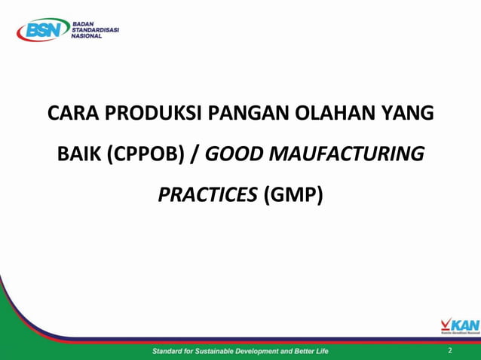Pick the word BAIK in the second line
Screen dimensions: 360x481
[x=79, y=155]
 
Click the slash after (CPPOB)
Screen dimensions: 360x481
[x=195, y=155]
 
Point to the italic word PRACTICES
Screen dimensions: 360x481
[x=207, y=195]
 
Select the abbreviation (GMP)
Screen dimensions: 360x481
[x=293, y=195]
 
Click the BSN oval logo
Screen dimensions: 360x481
[x=40, y=30]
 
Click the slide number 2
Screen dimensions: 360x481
[x=450, y=351]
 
